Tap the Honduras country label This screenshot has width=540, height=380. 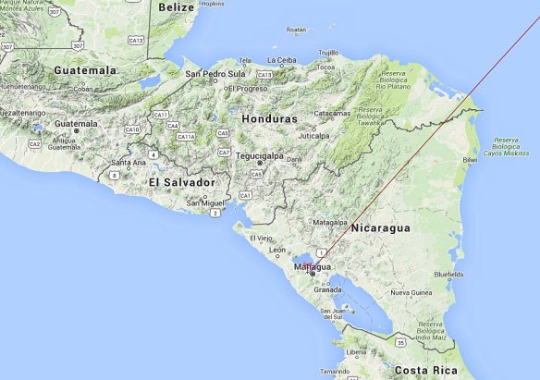pyautogui.click(x=268, y=119)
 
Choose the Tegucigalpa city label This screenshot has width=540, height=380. pyautogui.click(x=263, y=156)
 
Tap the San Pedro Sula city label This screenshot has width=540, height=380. pyautogui.click(x=215, y=74)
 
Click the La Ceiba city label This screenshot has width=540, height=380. pyautogui.click(x=283, y=61)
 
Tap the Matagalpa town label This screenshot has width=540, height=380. pyautogui.click(x=328, y=223)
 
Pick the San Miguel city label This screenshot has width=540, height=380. pyautogui.click(x=205, y=202)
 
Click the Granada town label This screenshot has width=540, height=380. pyautogui.click(x=327, y=289)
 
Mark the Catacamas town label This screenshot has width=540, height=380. pyautogui.click(x=332, y=114)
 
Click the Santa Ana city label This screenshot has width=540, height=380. pyautogui.click(x=128, y=163)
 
